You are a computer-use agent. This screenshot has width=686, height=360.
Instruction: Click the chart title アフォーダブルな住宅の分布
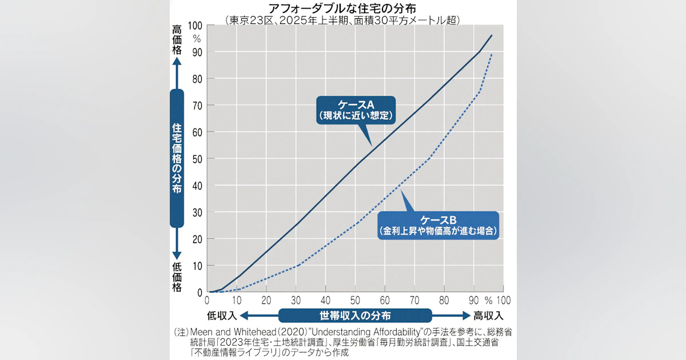coord(343,8)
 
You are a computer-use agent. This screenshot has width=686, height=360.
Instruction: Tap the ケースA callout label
coord(356,110)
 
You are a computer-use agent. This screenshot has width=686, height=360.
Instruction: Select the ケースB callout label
coord(438,225)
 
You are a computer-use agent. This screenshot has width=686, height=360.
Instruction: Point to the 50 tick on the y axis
coord(196,159)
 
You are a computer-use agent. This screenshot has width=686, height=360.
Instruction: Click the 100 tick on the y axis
coord(194,25)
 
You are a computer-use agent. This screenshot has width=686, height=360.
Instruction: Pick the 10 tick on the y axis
coord(196,266)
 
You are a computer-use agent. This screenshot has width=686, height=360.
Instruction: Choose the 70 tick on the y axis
coord(196,105)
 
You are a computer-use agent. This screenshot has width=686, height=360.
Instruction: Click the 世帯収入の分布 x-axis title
coord(356,315)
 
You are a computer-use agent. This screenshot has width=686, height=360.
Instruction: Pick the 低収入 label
coord(222,315)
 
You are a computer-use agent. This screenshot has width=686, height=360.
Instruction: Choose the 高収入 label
coord(488,315)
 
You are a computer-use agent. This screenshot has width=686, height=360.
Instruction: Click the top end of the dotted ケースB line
coord(492,54)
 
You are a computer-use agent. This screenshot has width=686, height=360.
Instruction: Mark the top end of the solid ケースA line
coord(492,35)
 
